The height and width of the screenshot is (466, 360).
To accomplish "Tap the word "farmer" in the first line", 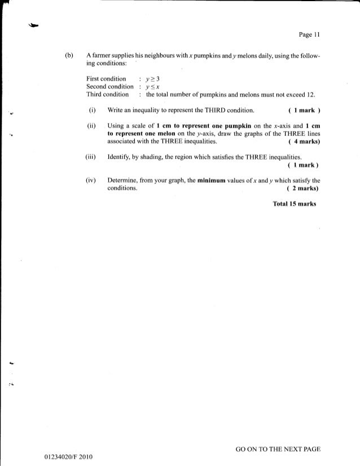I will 100,57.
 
